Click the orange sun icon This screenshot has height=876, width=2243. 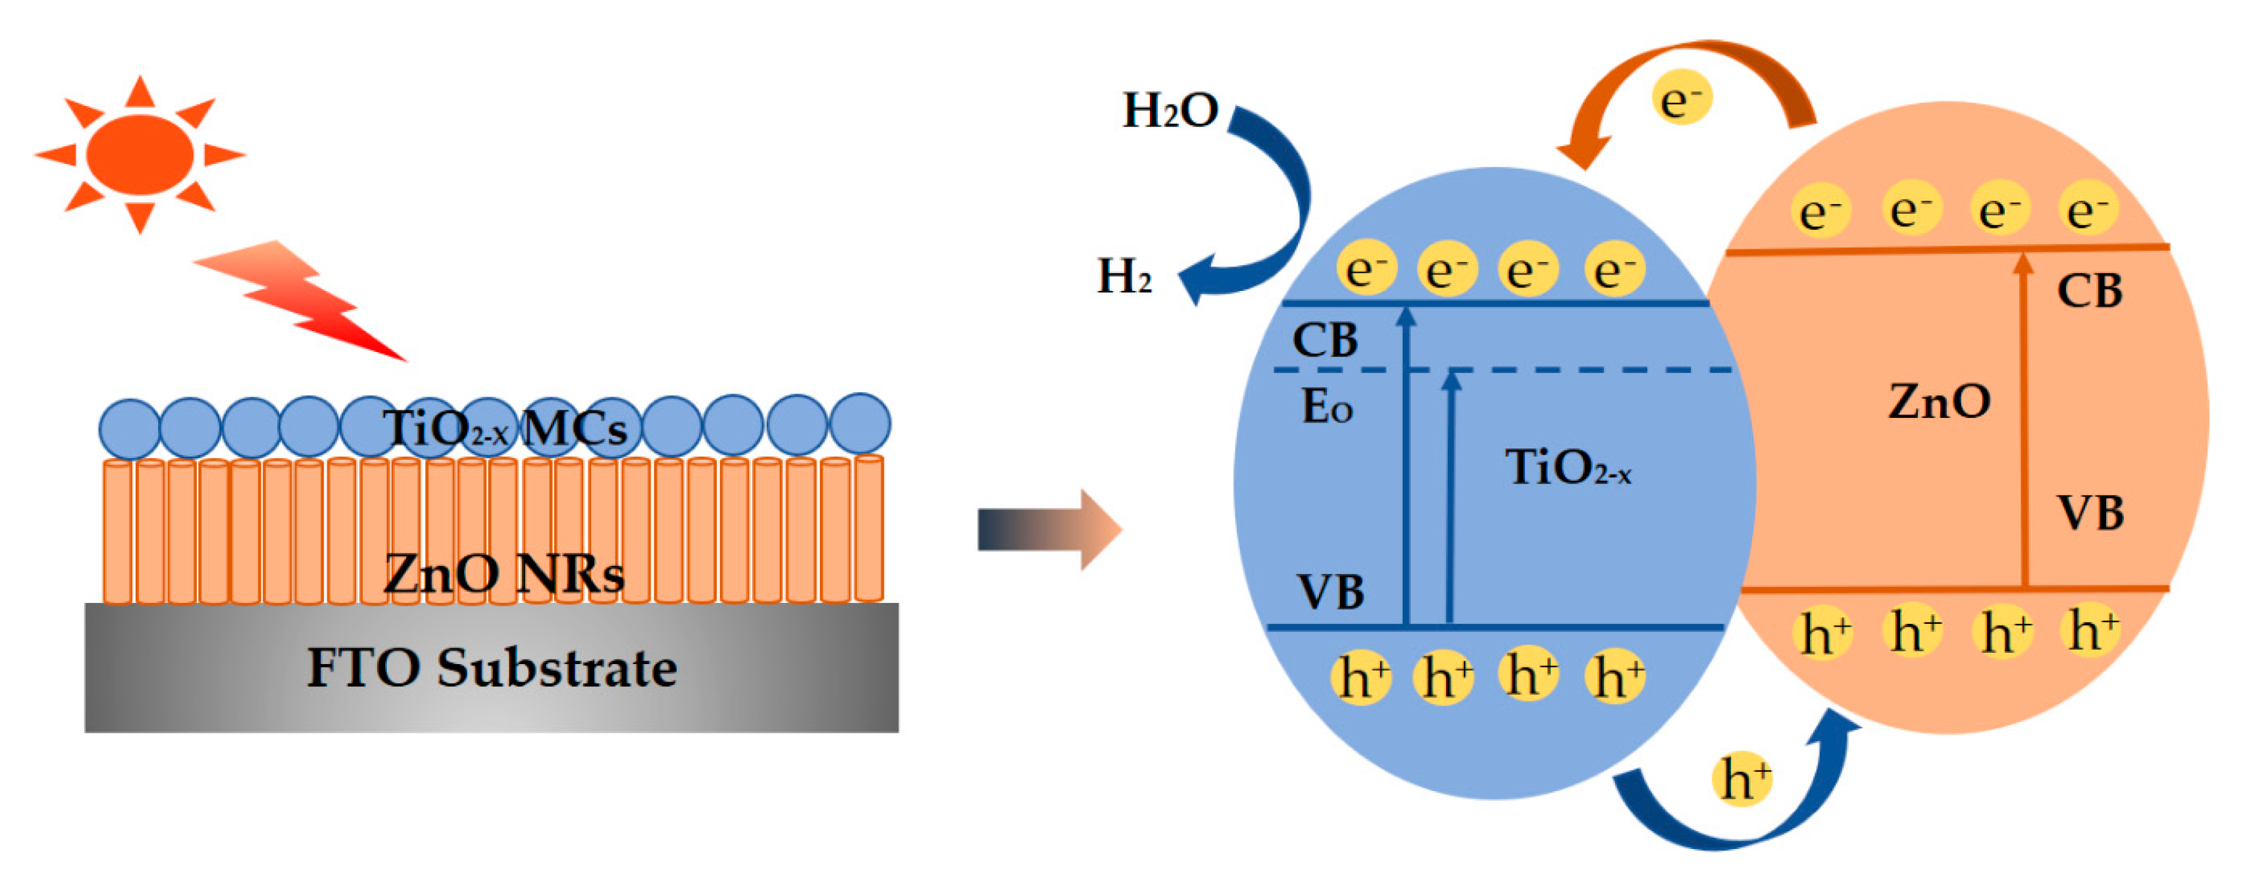pos(140,154)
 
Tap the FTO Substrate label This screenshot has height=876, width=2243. pos(492,668)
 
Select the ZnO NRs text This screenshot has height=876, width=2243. pos(503,573)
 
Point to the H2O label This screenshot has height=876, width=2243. pos(1170,111)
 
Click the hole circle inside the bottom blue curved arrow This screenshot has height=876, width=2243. pos(1741,777)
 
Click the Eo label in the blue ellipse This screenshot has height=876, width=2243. pos(1326,407)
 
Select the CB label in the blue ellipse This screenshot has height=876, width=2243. pos(1324,340)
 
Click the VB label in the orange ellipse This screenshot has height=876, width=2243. pos(2090,512)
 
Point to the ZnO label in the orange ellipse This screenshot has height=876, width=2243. pos(1939,401)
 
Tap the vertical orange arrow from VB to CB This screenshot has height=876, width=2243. pos(2024,418)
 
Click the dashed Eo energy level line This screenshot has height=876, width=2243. pos(1567,370)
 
